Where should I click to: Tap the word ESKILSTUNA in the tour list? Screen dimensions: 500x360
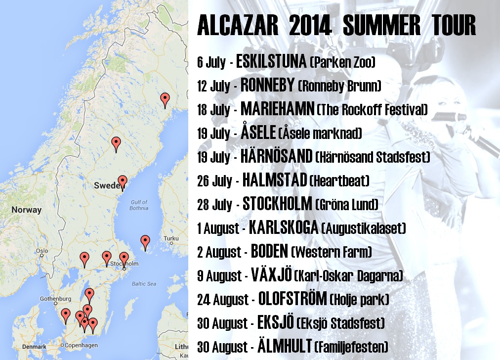[271, 61]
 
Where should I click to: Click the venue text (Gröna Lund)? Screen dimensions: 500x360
[347, 204]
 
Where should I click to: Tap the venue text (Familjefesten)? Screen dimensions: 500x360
[351, 347]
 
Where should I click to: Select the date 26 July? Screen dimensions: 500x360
[214, 180]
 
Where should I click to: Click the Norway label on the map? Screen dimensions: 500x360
[27, 210]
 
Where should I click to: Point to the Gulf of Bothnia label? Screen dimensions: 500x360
[139, 205]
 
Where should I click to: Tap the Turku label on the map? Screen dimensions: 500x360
[171, 238]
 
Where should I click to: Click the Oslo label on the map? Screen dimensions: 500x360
[42, 251]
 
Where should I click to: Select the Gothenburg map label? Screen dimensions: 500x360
[55, 299]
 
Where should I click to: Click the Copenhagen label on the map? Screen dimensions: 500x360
[81, 345]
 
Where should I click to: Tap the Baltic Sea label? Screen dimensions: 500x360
[144, 284]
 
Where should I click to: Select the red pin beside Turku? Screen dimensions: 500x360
[145, 243]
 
